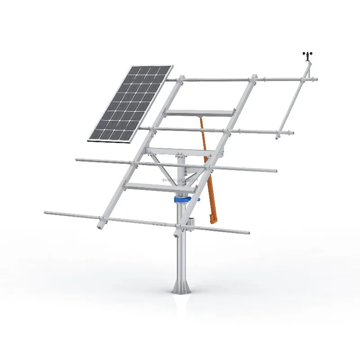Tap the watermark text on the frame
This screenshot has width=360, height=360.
pyautogui.click(x=180, y=180)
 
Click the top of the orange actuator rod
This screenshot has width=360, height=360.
pyautogui.click(x=198, y=118)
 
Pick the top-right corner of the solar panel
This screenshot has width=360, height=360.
pyautogui.click(x=172, y=67)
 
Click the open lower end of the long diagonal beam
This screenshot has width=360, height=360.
pyautogui.click(x=100, y=226)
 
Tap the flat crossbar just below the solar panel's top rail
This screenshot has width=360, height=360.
pyautogui.click(x=200, y=113)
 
